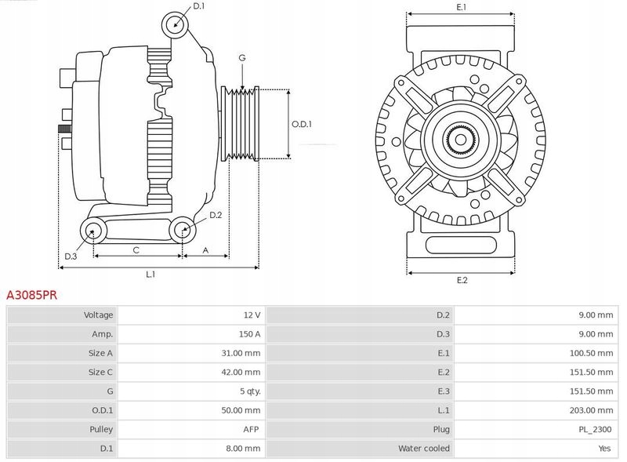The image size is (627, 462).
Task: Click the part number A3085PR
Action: click(32, 296)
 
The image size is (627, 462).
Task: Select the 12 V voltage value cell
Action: click(251, 315)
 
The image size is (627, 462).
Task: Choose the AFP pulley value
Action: click(251, 429)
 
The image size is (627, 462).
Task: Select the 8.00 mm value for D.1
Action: click(243, 448)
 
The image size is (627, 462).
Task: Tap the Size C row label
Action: click(100, 372)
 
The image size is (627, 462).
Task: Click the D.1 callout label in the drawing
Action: click(198, 6)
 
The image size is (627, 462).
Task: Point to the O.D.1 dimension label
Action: click(302, 124)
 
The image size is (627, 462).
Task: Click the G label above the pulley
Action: click(242, 59)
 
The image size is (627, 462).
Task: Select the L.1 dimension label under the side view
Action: click(150, 275)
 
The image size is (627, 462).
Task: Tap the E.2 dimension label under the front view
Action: click(462, 281)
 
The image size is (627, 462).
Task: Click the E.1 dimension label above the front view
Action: click(462, 7)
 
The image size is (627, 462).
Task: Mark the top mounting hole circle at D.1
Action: click(176, 24)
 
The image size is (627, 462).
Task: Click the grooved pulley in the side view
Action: click(241, 124)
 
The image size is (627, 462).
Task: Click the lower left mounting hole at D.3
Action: click(93, 231)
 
